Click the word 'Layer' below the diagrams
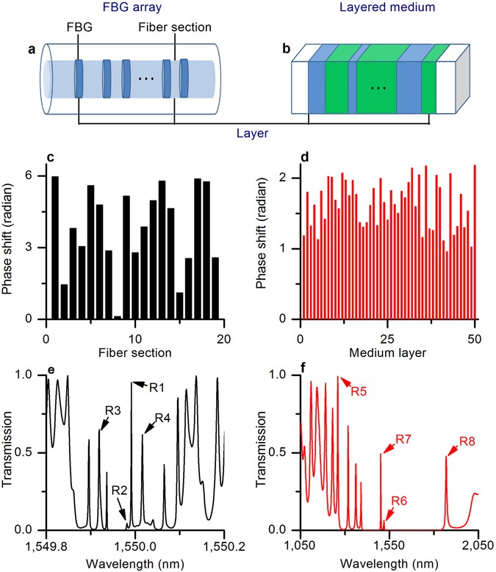(252, 134)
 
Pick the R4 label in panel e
(163, 418)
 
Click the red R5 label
(359, 391)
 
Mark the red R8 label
(467, 442)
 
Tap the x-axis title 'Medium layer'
(389, 352)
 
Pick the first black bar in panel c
(55, 247)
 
